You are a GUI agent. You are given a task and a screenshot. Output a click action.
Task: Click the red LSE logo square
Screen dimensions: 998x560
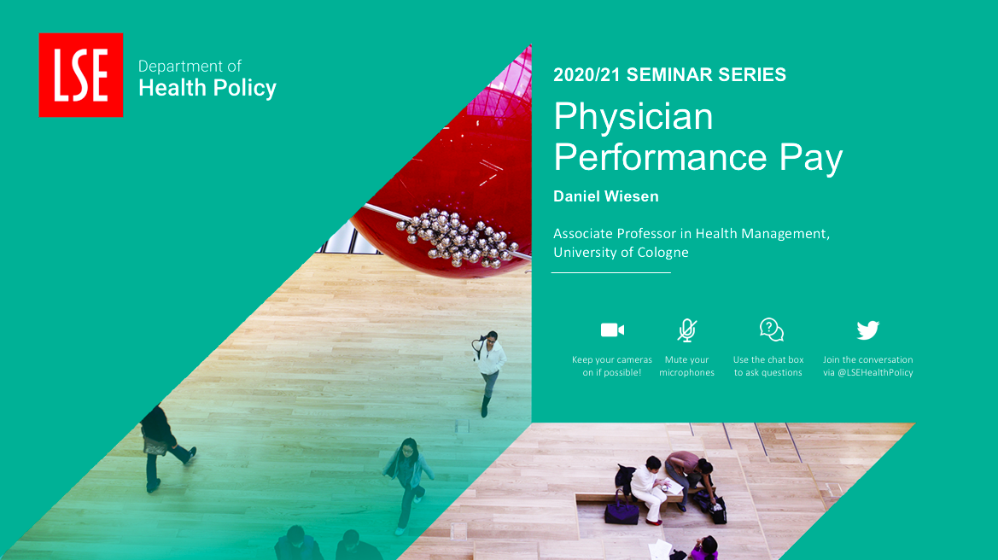click(81, 75)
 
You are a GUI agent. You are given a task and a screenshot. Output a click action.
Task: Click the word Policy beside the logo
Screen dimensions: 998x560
click(244, 89)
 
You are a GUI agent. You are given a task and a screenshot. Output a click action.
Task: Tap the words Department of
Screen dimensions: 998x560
click(190, 67)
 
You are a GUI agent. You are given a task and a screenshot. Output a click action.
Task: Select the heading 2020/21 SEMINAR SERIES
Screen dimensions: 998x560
click(669, 74)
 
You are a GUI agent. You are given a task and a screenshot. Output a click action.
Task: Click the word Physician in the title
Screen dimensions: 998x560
click(633, 116)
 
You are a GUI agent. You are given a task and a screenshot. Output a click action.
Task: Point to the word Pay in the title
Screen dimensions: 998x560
click(811, 158)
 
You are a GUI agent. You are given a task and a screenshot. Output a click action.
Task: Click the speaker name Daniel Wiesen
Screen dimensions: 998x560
click(606, 196)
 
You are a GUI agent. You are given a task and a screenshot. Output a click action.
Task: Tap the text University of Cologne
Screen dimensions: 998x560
click(621, 253)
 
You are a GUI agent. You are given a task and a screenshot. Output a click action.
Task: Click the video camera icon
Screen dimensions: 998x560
click(612, 330)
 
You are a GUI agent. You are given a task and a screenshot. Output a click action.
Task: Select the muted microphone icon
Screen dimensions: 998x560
click(686, 330)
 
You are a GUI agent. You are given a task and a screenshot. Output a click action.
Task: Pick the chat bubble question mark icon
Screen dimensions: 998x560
click(772, 330)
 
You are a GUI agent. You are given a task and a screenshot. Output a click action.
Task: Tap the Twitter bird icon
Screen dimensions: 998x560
click(867, 330)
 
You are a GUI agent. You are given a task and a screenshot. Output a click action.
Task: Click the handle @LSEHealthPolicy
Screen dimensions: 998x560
click(875, 373)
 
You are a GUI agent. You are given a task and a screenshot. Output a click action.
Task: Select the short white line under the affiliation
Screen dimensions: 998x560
click(611, 272)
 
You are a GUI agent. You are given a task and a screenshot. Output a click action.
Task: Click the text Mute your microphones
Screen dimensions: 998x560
click(686, 366)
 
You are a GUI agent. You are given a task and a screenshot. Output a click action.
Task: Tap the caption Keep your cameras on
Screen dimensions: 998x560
click(612, 366)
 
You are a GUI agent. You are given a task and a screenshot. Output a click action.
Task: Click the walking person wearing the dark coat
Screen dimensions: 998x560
click(162, 446)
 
